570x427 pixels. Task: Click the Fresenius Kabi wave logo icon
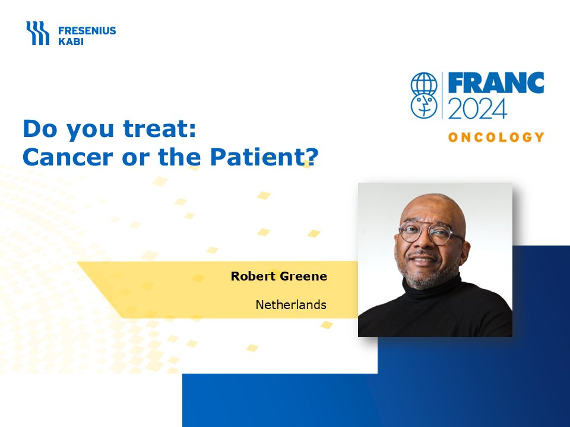click(37, 33)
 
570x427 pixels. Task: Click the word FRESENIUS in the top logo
click(87, 30)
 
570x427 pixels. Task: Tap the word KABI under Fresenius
click(71, 42)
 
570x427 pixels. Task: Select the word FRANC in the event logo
click(496, 83)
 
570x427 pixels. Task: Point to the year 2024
click(477, 108)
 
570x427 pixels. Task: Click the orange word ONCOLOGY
click(496, 137)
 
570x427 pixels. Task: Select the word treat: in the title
click(160, 129)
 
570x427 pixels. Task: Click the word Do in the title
click(40, 129)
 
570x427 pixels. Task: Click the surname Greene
click(303, 276)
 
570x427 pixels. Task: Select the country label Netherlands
click(291, 305)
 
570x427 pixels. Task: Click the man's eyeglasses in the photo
click(431, 232)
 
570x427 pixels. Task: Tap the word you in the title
click(90, 131)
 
